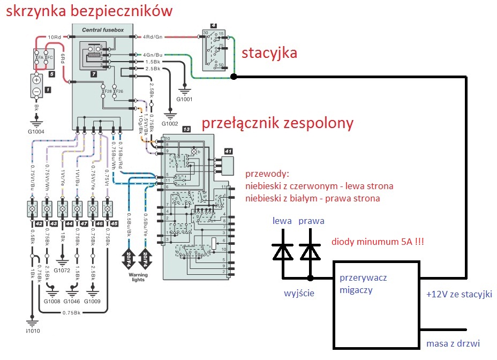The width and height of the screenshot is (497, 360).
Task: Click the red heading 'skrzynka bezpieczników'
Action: pyautogui.click(x=89, y=11)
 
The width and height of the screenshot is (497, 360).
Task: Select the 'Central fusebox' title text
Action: pyautogui.click(x=103, y=30)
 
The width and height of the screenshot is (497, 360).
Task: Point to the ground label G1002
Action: pyautogui.click(x=170, y=124)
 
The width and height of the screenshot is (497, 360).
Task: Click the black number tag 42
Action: pyautogui.click(x=39, y=224)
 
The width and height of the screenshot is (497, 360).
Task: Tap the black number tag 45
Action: pyautogui.click(x=114, y=224)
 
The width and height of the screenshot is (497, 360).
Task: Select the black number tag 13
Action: pyautogui.click(x=186, y=130)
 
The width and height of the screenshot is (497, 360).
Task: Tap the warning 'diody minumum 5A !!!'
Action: pyautogui.click(x=378, y=242)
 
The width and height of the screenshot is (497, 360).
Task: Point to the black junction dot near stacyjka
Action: pyautogui.click(x=234, y=77)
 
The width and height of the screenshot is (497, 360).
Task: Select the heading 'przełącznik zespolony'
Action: pyautogui.click(x=277, y=124)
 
